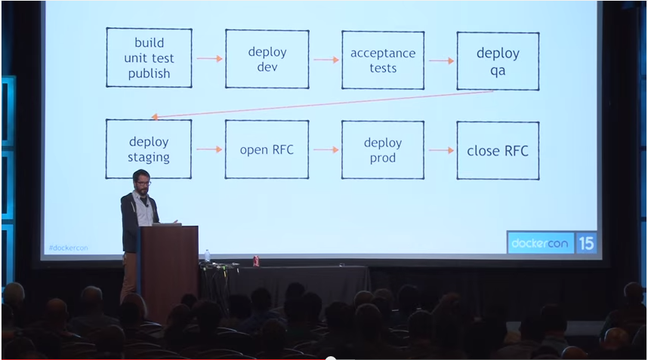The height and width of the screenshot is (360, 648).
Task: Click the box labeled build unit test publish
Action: click(149, 58)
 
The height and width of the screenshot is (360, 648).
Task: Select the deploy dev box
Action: click(267, 59)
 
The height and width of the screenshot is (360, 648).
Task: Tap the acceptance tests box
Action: click(382, 60)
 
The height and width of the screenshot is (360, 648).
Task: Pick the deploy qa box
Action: click(498, 61)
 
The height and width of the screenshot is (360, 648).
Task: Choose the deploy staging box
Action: click(149, 149)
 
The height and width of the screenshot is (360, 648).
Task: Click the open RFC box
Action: click(267, 149)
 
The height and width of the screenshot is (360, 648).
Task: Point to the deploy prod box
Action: click(382, 149)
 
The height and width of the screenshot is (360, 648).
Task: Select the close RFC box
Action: click(498, 150)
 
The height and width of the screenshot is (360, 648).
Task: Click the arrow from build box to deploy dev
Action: click(209, 58)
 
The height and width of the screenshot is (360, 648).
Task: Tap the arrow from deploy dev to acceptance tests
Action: click(326, 60)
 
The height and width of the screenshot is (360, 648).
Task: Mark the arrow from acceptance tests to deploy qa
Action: click(441, 60)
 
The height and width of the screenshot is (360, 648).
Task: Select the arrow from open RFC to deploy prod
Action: click(326, 149)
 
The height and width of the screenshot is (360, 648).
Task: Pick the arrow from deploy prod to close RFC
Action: click(441, 150)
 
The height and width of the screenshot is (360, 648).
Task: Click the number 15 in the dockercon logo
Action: click(587, 243)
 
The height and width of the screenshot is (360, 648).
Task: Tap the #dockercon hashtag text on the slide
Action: click(68, 248)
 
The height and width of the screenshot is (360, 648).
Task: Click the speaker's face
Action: click(141, 182)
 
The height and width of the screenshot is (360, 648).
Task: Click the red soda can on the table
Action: click(255, 260)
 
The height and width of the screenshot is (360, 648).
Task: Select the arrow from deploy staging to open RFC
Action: click(209, 149)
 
